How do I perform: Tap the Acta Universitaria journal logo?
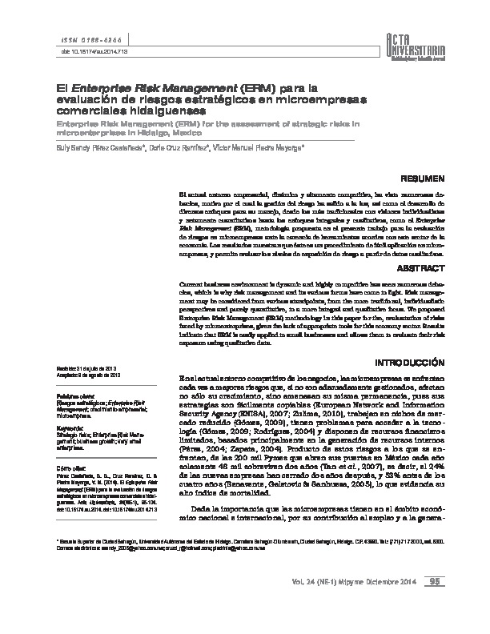[x=429, y=40]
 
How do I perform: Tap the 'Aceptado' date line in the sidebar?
[x=87, y=375]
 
